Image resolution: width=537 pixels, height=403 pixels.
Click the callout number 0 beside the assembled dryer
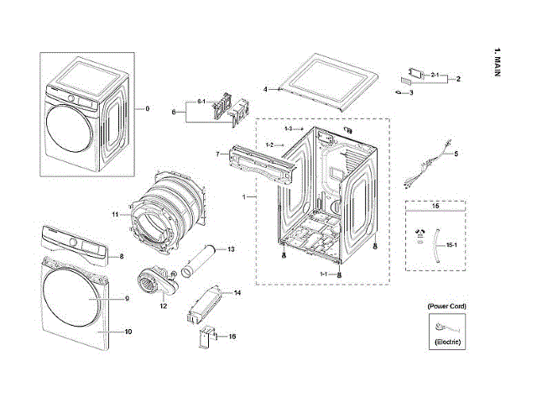(x=148, y=109)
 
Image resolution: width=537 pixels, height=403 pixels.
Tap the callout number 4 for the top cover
(x=264, y=89)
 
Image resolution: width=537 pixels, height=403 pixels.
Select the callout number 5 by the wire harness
(x=456, y=154)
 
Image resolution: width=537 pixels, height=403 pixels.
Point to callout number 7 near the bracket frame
(x=216, y=154)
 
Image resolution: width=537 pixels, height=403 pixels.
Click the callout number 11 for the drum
(x=115, y=215)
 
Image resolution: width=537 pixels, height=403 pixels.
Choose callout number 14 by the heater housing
(x=237, y=293)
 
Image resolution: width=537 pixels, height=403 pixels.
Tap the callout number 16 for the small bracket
(x=232, y=336)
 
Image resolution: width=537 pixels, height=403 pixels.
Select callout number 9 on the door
(x=127, y=299)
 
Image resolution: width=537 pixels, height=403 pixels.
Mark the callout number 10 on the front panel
(x=128, y=332)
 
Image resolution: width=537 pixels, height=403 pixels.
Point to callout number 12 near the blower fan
(x=164, y=306)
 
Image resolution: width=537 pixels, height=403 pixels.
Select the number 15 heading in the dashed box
(x=435, y=206)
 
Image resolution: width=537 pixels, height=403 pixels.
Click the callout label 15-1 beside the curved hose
(x=451, y=245)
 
